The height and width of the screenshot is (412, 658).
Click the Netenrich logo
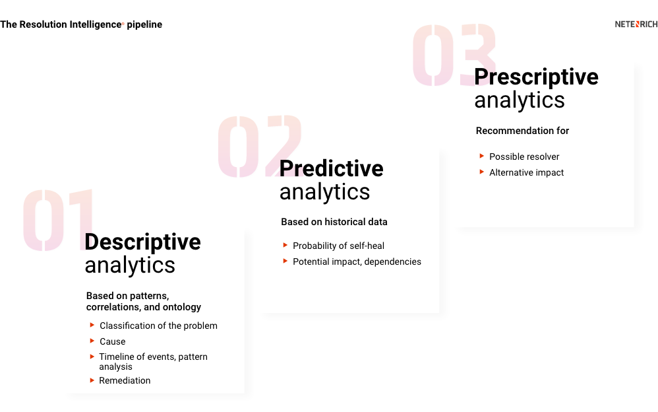click(x=636, y=24)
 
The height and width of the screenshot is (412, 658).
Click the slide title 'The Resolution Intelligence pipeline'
click(x=81, y=24)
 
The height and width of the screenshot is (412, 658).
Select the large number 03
click(x=454, y=55)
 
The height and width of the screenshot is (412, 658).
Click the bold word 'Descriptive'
click(x=142, y=242)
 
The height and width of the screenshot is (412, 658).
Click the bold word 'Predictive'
click(x=331, y=168)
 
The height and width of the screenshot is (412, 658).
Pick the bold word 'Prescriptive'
click(x=536, y=77)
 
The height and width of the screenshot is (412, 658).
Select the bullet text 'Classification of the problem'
click(x=158, y=326)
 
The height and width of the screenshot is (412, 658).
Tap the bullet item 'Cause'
click(x=112, y=341)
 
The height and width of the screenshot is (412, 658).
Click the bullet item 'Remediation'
click(x=125, y=380)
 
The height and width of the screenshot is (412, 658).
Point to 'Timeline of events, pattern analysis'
click(x=153, y=361)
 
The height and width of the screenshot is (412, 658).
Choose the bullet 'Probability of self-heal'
click(x=338, y=246)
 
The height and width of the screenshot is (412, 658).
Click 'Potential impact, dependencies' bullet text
click(x=357, y=261)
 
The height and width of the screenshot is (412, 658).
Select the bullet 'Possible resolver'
click(x=524, y=156)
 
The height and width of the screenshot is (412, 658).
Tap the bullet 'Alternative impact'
click(x=526, y=172)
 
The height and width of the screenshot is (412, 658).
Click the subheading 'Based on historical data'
click(x=334, y=222)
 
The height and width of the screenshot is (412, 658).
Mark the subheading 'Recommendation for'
click(x=522, y=131)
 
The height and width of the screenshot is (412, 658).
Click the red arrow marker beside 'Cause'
click(x=92, y=341)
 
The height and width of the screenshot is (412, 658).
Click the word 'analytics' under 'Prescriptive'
click(x=520, y=100)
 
